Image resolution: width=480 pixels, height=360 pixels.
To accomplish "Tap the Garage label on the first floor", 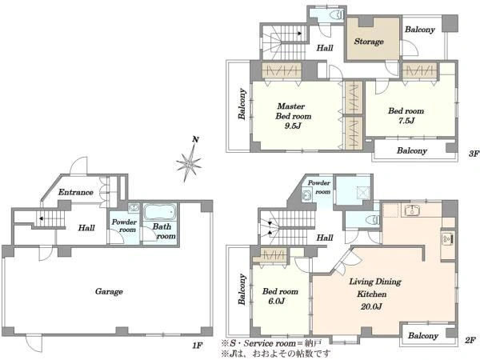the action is click(x=109, y=291).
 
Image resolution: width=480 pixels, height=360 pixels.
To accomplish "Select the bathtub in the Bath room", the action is click(x=160, y=211).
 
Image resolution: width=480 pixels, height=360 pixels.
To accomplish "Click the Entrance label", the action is click(x=76, y=192).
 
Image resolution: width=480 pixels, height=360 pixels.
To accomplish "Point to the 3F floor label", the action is click(x=474, y=154).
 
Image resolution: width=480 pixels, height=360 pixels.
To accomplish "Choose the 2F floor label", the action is click(x=470, y=340).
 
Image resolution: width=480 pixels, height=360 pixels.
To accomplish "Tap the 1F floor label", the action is click(x=198, y=346).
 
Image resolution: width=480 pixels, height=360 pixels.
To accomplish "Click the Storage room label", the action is click(x=369, y=42).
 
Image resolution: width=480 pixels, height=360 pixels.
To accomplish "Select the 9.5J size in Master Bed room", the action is click(x=293, y=126).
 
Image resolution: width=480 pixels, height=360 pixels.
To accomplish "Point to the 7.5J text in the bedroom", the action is click(x=406, y=121).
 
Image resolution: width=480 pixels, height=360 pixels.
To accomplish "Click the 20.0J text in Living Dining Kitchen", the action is click(x=371, y=306).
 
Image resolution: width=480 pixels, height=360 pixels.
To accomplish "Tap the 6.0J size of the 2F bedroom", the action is click(x=277, y=302).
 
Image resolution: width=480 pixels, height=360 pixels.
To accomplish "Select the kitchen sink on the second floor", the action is click(x=412, y=210).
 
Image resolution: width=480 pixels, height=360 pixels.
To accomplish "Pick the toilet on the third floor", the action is click(x=338, y=14).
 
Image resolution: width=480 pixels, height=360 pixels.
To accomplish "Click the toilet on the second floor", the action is click(x=373, y=219).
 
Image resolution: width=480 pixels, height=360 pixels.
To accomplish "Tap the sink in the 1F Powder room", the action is click(x=134, y=208).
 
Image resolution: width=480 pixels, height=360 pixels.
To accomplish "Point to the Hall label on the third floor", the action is click(x=325, y=48).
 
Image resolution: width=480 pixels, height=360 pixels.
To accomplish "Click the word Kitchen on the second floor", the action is click(x=372, y=294).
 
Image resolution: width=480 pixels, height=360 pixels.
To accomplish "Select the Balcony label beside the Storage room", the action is click(x=420, y=30).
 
